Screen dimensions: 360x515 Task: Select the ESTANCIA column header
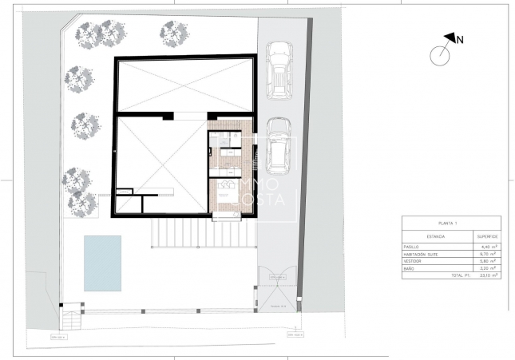(435, 236)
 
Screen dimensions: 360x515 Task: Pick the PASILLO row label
(412, 247)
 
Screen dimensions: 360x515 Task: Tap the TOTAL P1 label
(462, 275)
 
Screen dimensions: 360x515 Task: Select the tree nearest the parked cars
(172, 32)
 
